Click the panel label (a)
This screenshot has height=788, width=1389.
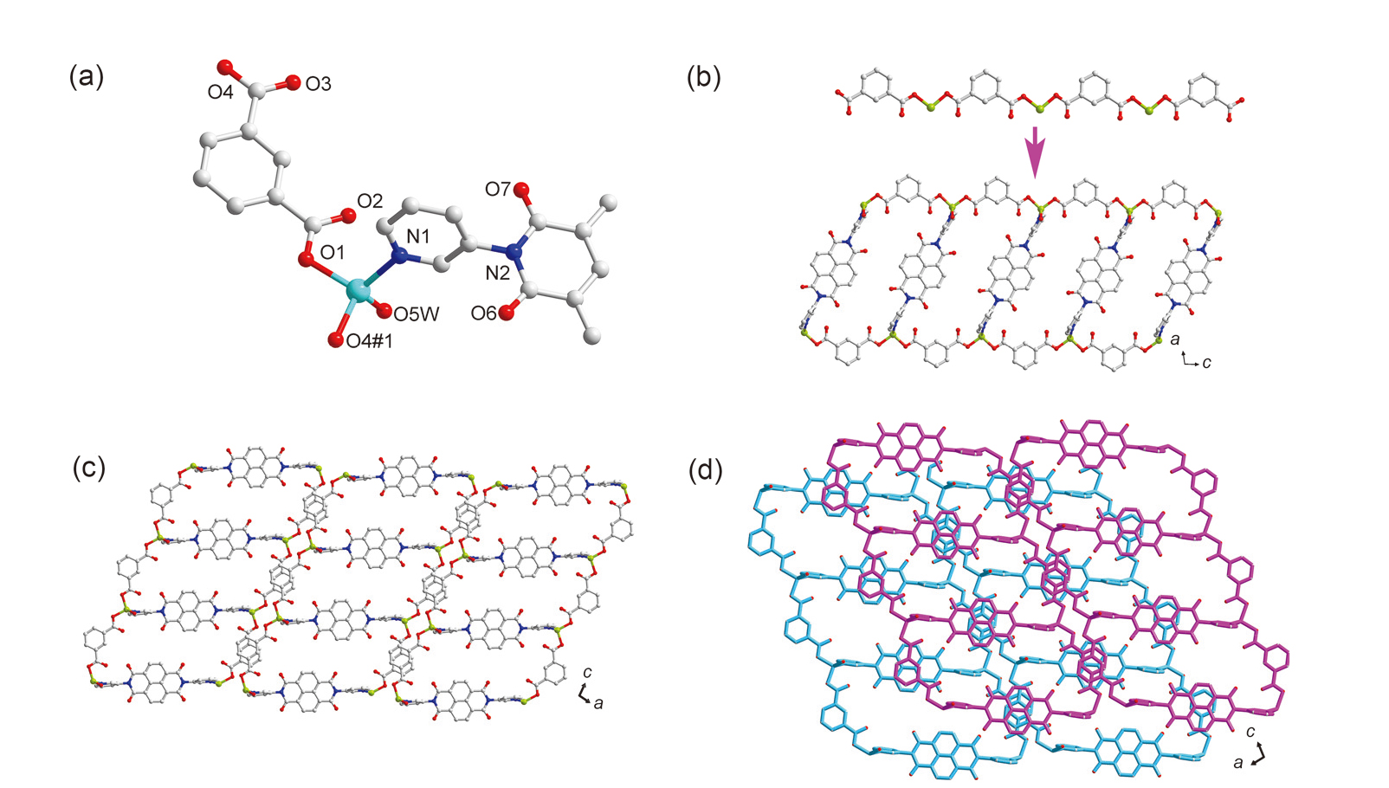click(x=86, y=78)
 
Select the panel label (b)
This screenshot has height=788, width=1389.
click(x=703, y=78)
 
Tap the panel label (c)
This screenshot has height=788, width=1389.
click(x=89, y=468)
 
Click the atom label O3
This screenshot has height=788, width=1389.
click(x=318, y=85)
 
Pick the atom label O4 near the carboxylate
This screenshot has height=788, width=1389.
click(x=220, y=92)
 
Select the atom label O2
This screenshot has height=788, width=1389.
click(x=370, y=202)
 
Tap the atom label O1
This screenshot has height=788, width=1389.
click(x=333, y=252)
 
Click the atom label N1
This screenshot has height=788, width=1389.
click(x=418, y=236)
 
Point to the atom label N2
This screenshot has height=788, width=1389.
click(x=497, y=274)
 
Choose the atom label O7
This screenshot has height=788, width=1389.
click(x=498, y=189)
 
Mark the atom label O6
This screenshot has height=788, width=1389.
click(x=484, y=313)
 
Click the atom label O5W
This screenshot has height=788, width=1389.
click(x=417, y=314)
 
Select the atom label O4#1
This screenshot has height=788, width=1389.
click(x=370, y=341)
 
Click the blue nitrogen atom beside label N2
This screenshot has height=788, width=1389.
click(x=516, y=253)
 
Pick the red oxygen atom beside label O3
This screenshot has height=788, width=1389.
click(x=291, y=82)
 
